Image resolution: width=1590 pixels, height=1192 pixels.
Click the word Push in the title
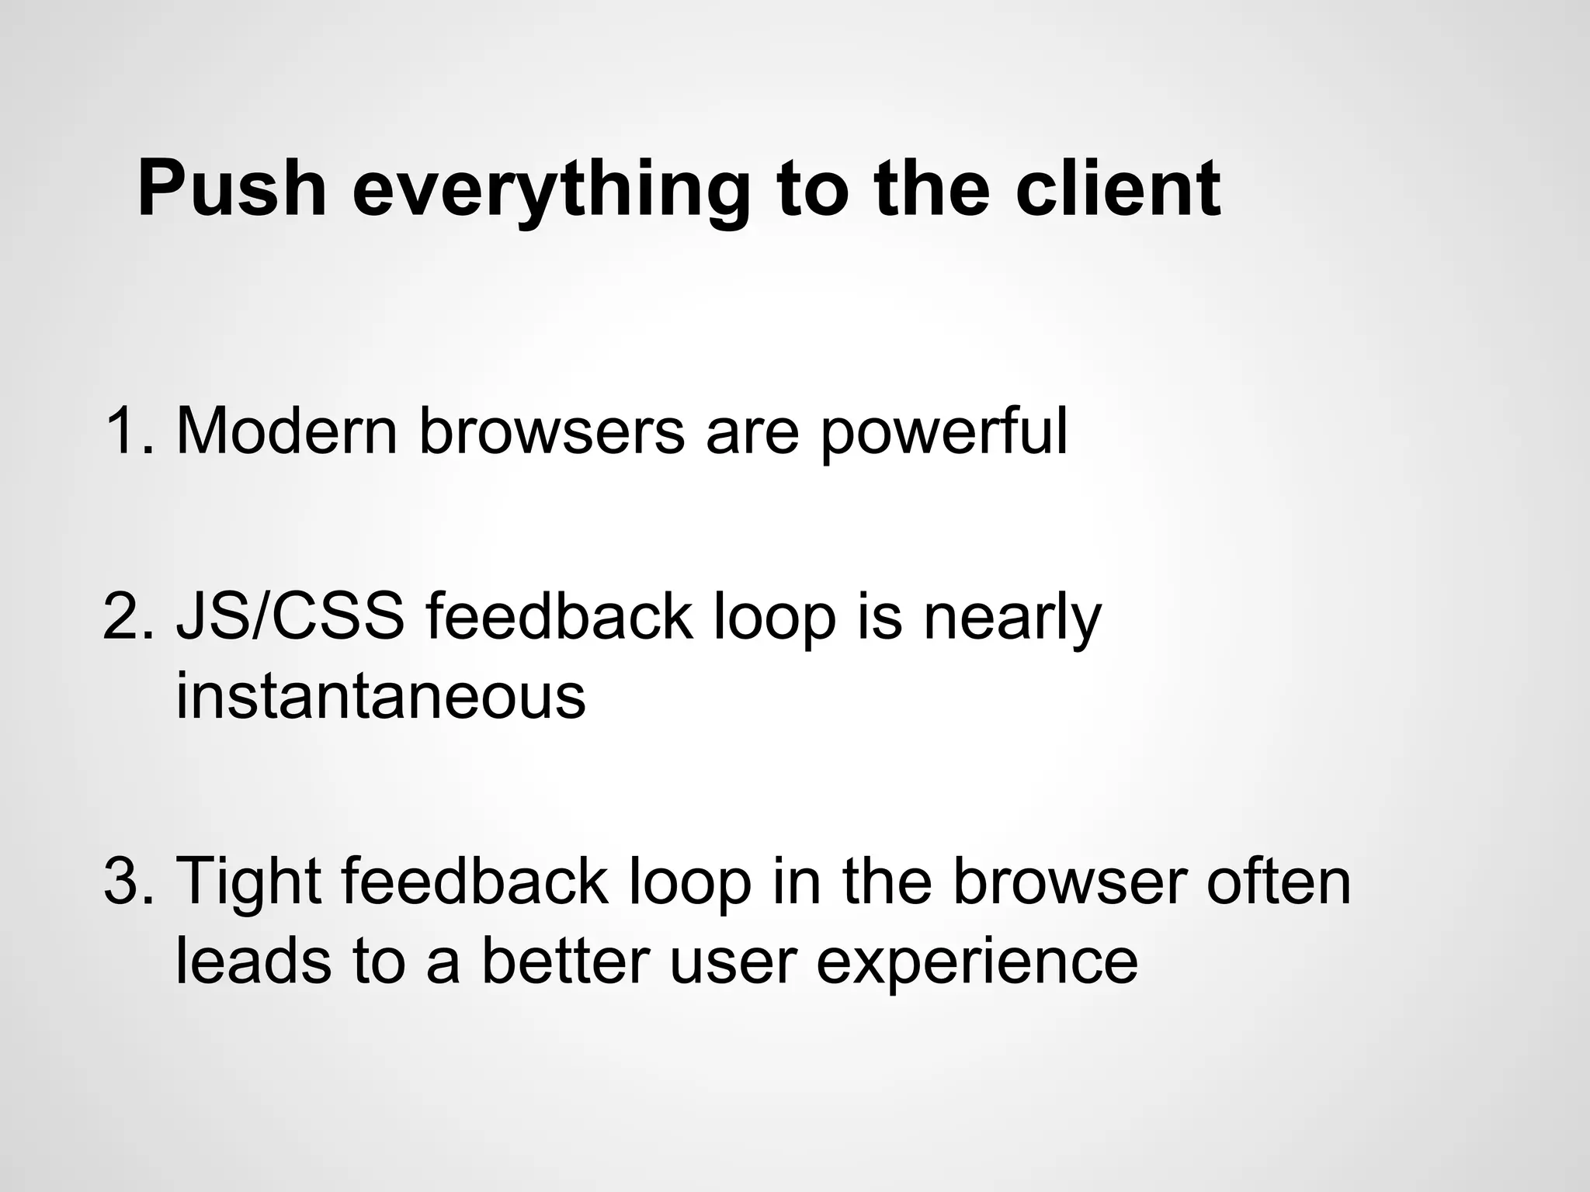pos(231,189)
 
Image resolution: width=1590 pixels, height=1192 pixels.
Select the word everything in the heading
pos(550,190)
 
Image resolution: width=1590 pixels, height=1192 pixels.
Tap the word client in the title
pos(1118,189)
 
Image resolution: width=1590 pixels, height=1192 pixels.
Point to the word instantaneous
pos(380,695)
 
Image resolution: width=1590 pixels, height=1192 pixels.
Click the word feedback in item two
pos(558,618)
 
